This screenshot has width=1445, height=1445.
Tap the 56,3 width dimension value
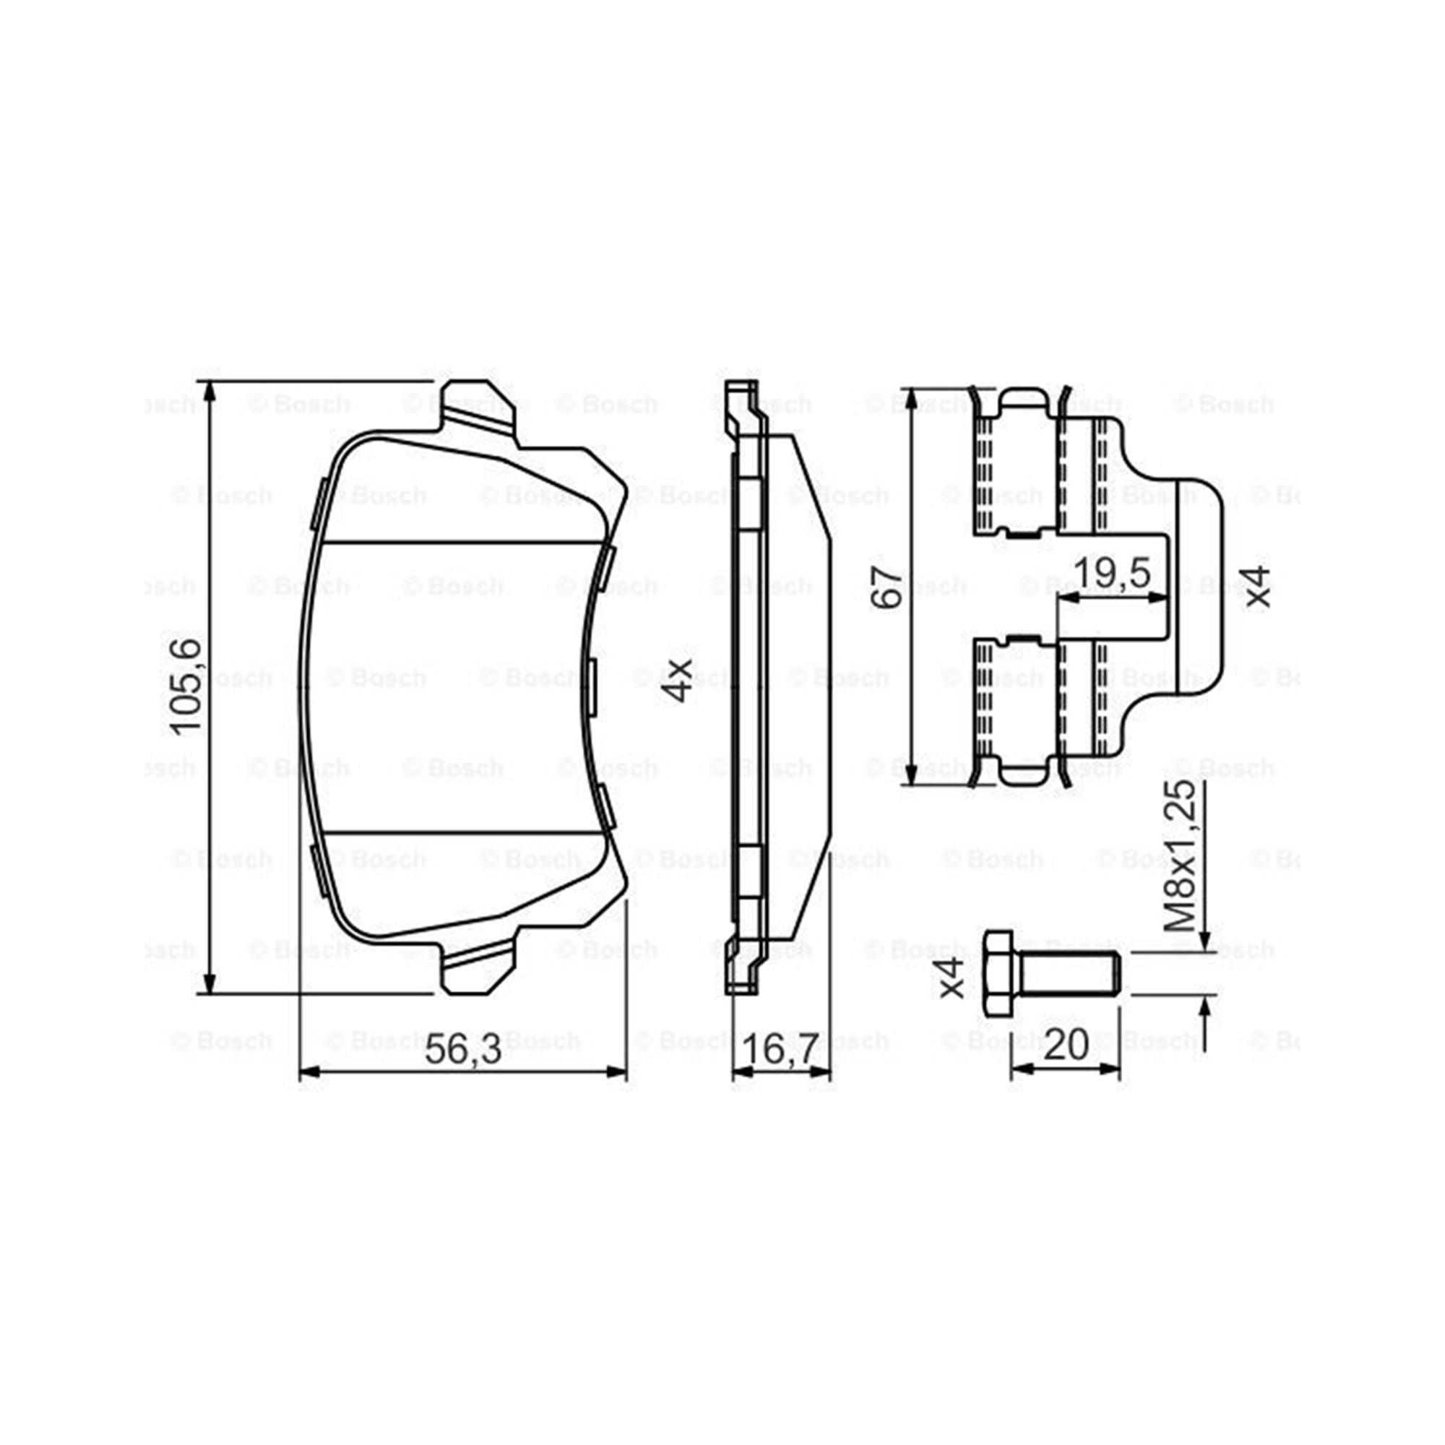(463, 1051)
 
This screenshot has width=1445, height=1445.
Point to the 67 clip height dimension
(892, 588)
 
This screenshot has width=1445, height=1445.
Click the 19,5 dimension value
(1112, 574)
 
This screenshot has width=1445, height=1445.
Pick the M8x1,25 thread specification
(1182, 855)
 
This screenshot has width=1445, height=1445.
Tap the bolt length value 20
(1066, 1045)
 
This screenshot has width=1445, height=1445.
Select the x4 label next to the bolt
(952, 978)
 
